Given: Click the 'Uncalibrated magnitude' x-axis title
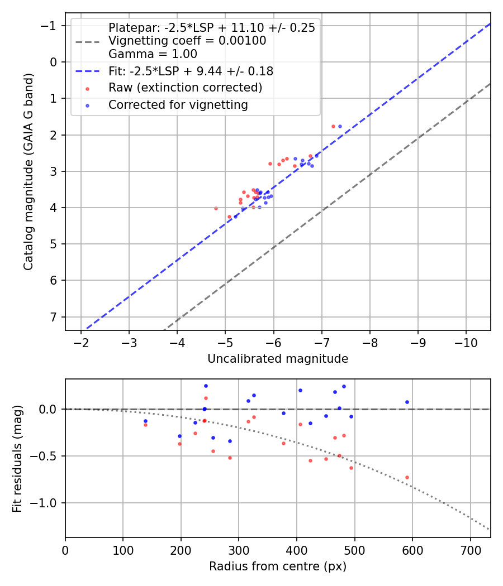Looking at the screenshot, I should (278, 359).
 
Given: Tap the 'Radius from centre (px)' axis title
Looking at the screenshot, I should (278, 566).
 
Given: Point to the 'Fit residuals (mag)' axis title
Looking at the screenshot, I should (17, 458).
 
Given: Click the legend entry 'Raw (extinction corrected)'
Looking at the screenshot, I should (185, 88).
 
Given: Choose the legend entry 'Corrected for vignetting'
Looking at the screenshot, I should (178, 105).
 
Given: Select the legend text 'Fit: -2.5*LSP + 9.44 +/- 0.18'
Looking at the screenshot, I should (191, 71).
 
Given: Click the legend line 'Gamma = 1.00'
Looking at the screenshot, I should (153, 54).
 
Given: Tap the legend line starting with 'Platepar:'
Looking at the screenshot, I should (211, 28).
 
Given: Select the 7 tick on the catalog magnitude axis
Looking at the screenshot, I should (54, 317).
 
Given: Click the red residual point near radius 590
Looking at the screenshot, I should (407, 477).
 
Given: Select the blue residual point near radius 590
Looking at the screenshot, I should (407, 402).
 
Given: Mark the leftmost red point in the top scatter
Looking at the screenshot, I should (216, 208).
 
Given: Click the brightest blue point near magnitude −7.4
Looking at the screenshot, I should (340, 126).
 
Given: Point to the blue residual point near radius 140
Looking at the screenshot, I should (145, 421).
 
